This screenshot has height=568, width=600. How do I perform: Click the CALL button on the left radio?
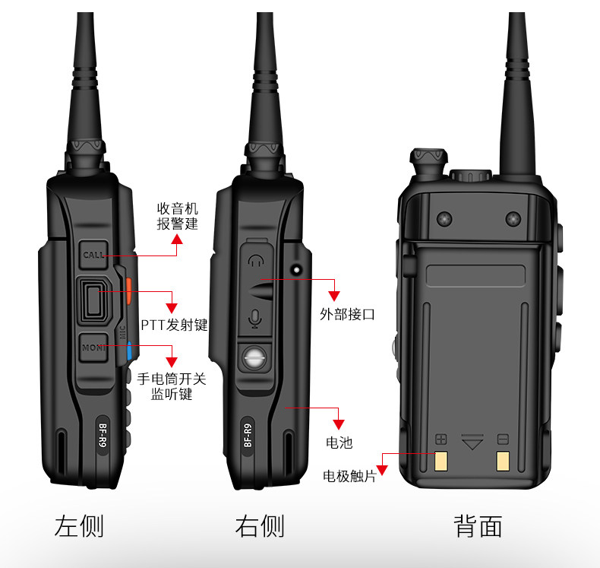point(93,255)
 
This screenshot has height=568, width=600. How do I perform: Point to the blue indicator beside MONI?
point(130,351)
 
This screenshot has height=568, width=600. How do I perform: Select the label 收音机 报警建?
point(177,215)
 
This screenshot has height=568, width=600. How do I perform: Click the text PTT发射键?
point(174,325)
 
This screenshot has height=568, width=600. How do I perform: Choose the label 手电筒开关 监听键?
point(171,386)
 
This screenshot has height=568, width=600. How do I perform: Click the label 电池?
point(339,442)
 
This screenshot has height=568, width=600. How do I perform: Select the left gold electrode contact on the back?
point(441,461)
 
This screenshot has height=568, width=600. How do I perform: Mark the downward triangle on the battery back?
point(472,440)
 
